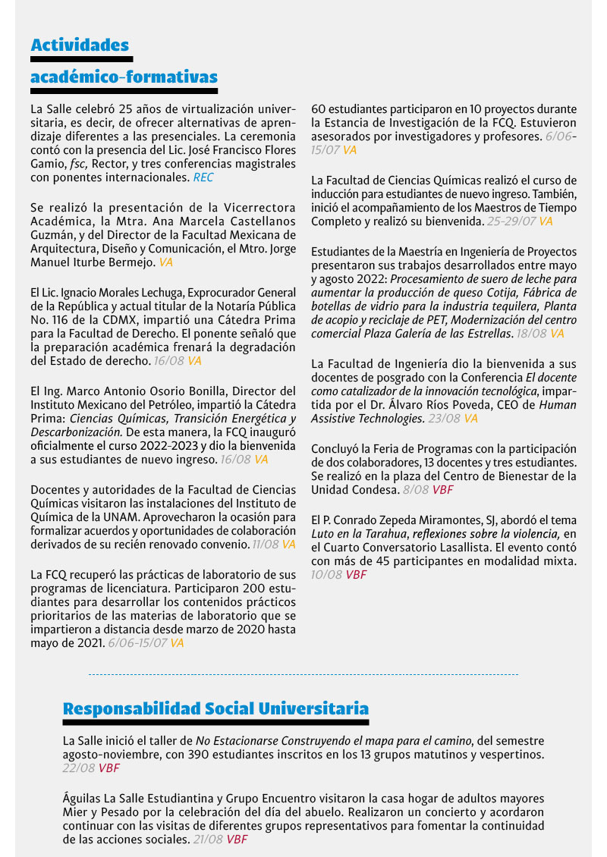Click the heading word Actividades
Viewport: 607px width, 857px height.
(x=80, y=46)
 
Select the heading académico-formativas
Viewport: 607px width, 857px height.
(x=124, y=77)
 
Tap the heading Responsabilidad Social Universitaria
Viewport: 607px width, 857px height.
(x=215, y=709)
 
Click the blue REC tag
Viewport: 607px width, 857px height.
(x=203, y=178)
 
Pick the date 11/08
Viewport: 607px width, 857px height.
(x=266, y=545)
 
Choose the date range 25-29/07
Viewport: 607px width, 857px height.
(x=511, y=221)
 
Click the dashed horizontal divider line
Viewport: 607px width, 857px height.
(x=303, y=673)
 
